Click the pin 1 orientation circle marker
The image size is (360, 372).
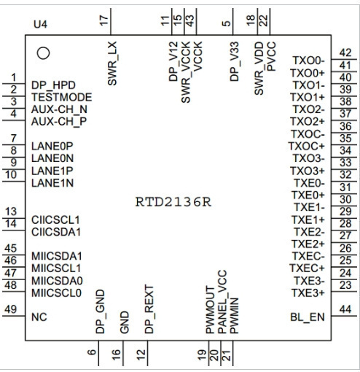(x=43, y=53)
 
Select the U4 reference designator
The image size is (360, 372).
(x=41, y=25)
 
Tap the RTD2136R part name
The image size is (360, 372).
(x=173, y=202)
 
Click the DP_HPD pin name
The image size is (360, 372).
(x=53, y=85)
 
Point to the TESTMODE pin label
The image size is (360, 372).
(x=62, y=97)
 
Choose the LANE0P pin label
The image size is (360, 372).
(x=52, y=146)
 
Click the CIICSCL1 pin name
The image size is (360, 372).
(x=55, y=220)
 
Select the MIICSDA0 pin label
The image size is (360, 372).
(x=58, y=281)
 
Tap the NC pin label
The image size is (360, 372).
(x=39, y=317)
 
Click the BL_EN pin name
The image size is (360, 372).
(x=308, y=317)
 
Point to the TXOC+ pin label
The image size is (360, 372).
(x=307, y=146)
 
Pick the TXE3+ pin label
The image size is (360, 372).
(x=308, y=293)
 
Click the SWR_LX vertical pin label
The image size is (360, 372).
(x=112, y=63)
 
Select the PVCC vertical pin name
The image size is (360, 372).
(x=271, y=56)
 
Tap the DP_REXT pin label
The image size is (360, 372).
(x=149, y=309)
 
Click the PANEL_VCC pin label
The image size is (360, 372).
(x=222, y=302)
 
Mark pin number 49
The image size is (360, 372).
(x=11, y=309)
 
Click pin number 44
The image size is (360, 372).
(x=345, y=309)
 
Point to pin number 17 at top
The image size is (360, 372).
(x=104, y=20)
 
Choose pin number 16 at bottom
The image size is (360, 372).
(x=117, y=354)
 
